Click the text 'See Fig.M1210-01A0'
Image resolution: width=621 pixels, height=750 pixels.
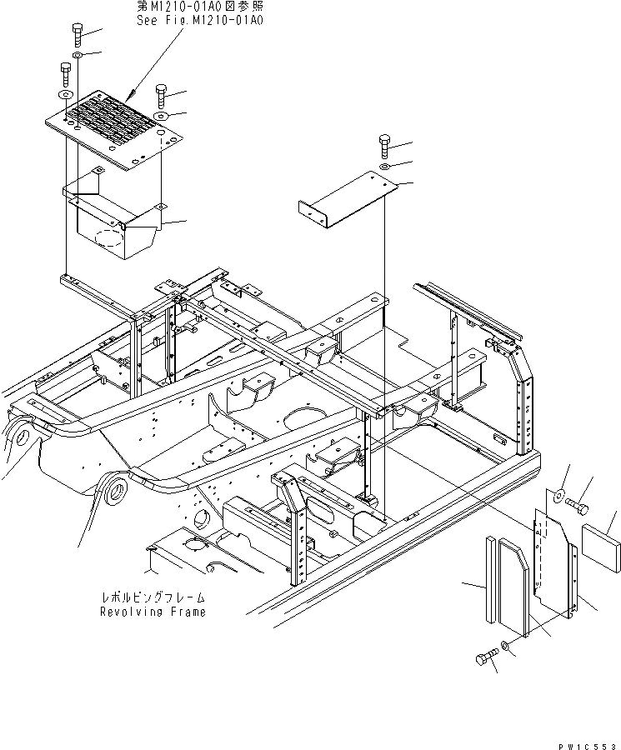pos(199,20)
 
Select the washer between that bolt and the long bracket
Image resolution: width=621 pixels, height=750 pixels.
pos(385,167)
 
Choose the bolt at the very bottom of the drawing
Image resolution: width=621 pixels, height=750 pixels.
pos(483,661)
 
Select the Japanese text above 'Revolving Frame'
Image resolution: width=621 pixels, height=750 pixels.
pos(152,597)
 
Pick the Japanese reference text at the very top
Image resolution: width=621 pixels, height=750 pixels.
pos(199,7)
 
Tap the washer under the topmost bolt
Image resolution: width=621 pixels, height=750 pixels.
pos(77,56)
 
